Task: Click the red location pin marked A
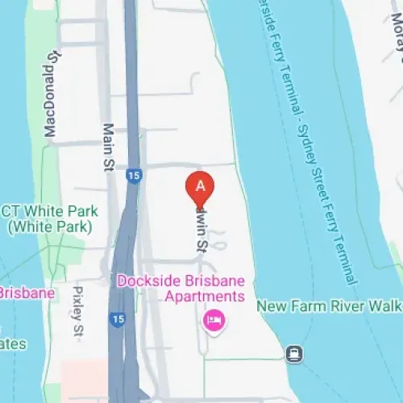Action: (201, 188)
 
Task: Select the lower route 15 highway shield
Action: (118, 321)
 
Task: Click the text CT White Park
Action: (50, 212)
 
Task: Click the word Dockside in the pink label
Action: (149, 280)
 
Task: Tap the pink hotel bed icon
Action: (214, 321)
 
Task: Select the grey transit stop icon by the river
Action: (295, 352)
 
